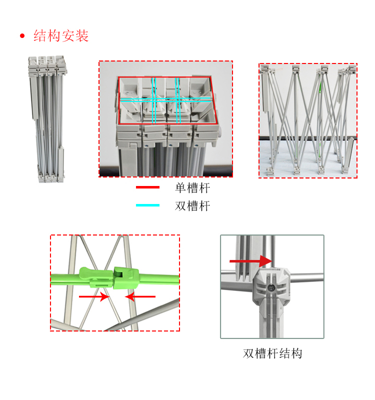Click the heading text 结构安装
pyautogui.click(x=61, y=36)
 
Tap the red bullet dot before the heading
pyautogui.click(x=22, y=36)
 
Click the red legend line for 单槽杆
pyautogui.click(x=147, y=187)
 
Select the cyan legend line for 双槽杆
pyautogui.click(x=147, y=205)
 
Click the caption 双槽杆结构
pyautogui.click(x=272, y=353)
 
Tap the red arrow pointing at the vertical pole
pyautogui.click(x=250, y=260)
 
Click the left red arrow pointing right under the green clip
pyautogui.click(x=93, y=296)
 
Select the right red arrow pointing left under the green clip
pyautogui.click(x=140, y=296)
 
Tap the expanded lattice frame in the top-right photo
pyautogui.click(x=307, y=120)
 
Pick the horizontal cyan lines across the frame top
pyautogui.click(x=165, y=99)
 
